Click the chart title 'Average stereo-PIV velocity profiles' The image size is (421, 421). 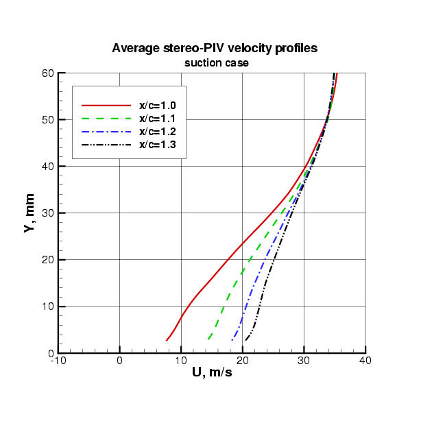[x=215, y=49]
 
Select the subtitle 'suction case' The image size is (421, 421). [x=215, y=62]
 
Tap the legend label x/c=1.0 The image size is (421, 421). [x=158, y=106]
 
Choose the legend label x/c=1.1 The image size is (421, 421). [x=158, y=119]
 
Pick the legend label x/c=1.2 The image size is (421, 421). [x=158, y=132]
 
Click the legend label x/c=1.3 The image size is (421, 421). [x=158, y=145]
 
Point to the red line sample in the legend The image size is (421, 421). [x=106, y=106]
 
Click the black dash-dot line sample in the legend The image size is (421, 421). [x=106, y=145]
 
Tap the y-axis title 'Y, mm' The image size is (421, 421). [x=29, y=213]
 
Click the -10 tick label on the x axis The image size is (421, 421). [x=58, y=361]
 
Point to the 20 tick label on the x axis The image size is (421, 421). [x=243, y=361]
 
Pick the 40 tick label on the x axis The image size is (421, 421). [x=365, y=361]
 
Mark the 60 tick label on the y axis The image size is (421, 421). [x=48, y=73]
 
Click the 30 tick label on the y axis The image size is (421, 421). [x=48, y=213]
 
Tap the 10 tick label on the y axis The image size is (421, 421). [x=48, y=306]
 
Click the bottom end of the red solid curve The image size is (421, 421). [x=167, y=340]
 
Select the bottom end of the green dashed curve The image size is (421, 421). [x=208, y=339]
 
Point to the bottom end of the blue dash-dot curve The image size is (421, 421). [x=232, y=340]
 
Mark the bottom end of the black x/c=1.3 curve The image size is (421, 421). [x=245, y=340]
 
